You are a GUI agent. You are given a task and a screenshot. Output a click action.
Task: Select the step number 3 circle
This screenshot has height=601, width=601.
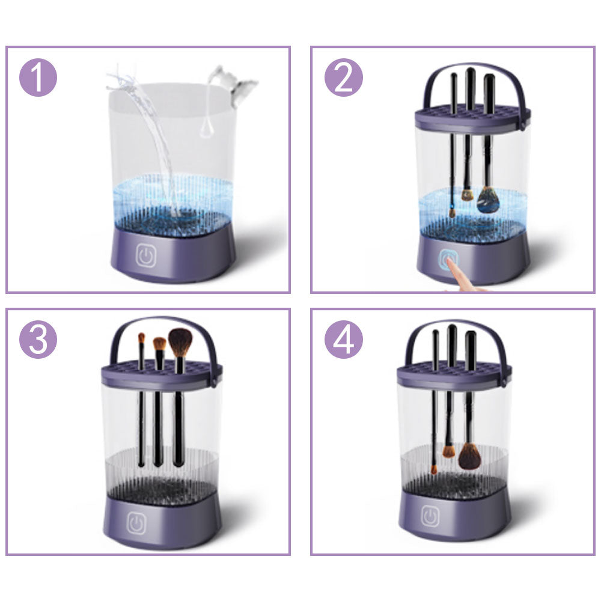[x=38, y=340]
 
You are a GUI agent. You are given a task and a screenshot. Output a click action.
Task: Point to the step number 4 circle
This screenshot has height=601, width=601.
[x=344, y=340]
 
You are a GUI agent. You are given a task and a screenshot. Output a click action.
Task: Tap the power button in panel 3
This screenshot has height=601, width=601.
[x=138, y=520]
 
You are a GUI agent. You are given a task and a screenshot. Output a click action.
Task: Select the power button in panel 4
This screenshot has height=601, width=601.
[x=430, y=516]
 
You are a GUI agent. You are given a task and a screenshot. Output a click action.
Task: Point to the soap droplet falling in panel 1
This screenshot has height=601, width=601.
[x=206, y=129]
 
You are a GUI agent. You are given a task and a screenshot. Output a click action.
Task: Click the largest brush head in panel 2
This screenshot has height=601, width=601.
[x=488, y=200]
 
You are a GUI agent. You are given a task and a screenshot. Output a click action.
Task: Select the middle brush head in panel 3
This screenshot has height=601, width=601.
[x=159, y=344]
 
